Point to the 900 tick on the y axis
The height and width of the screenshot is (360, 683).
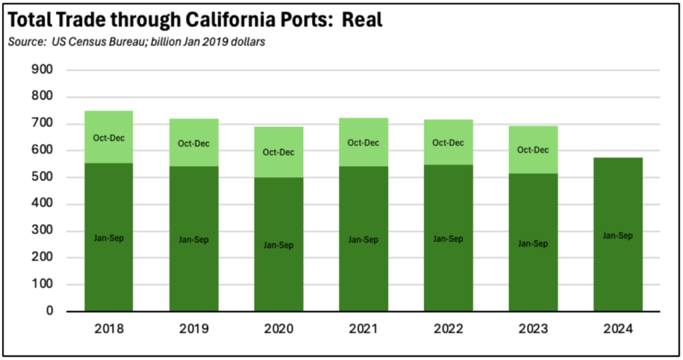click(42, 70)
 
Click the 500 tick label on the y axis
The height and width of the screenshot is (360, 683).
click(42, 177)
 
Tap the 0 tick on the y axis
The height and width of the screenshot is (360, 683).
click(49, 311)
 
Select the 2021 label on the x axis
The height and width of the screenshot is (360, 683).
click(363, 329)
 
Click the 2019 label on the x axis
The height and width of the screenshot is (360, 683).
click(193, 329)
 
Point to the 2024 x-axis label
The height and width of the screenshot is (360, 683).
click(618, 329)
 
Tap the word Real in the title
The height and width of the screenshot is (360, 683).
click(362, 19)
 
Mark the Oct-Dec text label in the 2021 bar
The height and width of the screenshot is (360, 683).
click(364, 143)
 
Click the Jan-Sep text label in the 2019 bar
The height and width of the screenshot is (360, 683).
click(194, 239)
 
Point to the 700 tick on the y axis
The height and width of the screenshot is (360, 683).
click(42, 124)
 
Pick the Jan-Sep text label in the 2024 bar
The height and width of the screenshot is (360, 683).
click(618, 235)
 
